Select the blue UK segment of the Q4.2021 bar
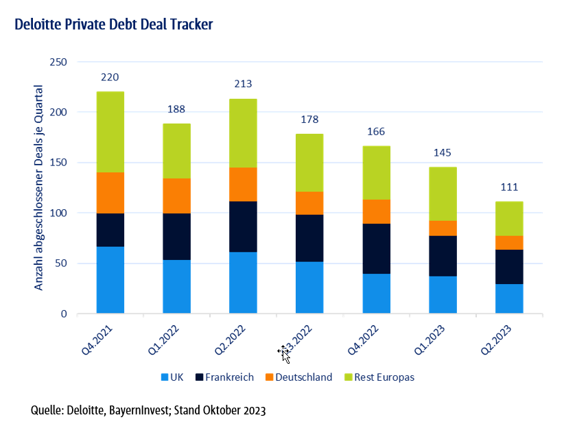point(110,280)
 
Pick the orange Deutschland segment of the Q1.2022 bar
point(176,196)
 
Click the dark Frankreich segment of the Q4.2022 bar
point(377,248)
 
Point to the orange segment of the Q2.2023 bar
point(509,242)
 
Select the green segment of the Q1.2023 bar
point(443,193)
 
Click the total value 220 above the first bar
point(110,77)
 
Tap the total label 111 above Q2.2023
point(509,187)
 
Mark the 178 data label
point(309,119)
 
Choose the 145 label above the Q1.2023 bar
point(443,152)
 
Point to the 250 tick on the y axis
point(58,62)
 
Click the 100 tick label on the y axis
point(58,213)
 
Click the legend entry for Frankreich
point(229,377)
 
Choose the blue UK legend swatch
point(165,377)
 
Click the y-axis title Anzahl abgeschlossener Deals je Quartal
point(39,187)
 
